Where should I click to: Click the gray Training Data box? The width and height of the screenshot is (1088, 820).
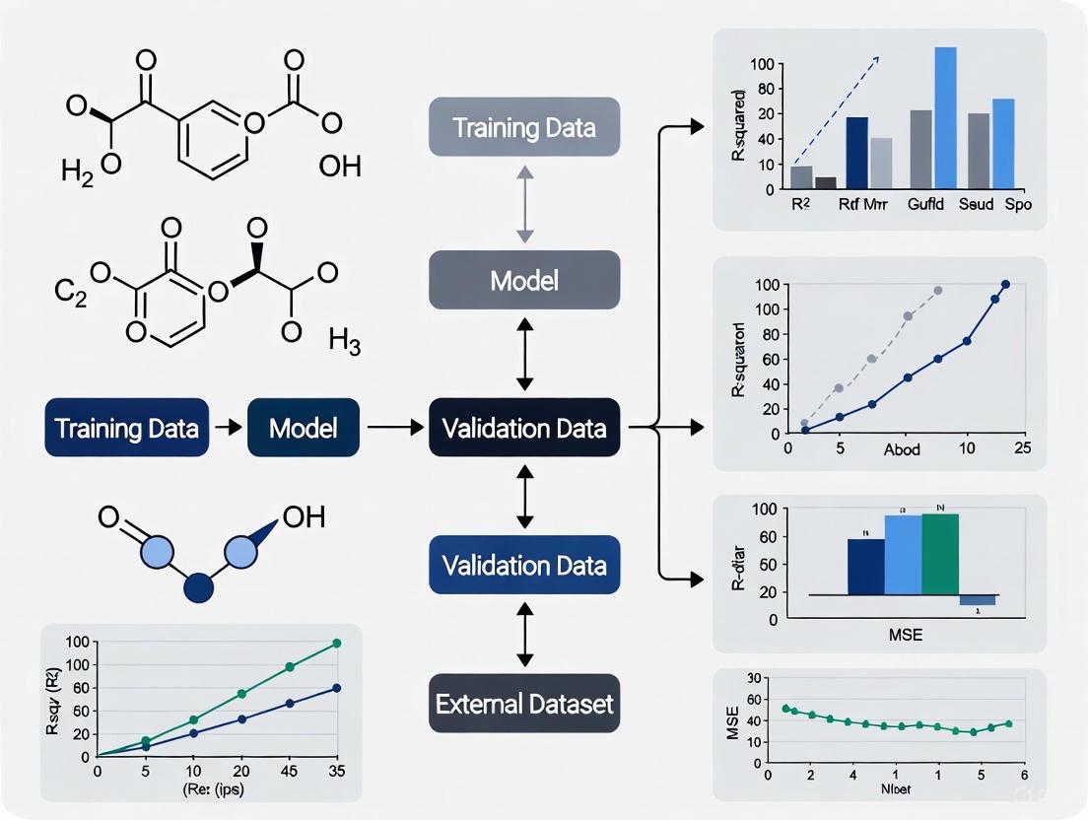pos(524,127)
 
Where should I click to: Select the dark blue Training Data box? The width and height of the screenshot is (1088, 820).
pos(127,428)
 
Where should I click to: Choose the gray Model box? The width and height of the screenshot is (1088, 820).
pos(524,280)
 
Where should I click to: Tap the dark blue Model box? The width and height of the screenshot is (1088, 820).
pos(304,428)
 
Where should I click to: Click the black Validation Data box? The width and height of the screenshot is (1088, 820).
pos(524,428)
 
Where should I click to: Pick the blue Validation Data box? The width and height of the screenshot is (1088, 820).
pos(524,566)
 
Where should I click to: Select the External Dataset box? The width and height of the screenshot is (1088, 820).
pos(524,704)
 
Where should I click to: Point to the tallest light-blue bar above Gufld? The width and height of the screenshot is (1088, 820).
pos(945,117)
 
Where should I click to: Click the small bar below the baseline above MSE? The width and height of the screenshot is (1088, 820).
pos(978,600)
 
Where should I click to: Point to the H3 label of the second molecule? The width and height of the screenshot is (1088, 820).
pos(345,344)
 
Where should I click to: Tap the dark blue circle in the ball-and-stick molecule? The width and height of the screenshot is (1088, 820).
pos(199,588)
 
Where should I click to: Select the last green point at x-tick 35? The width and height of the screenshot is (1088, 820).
pos(336,643)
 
